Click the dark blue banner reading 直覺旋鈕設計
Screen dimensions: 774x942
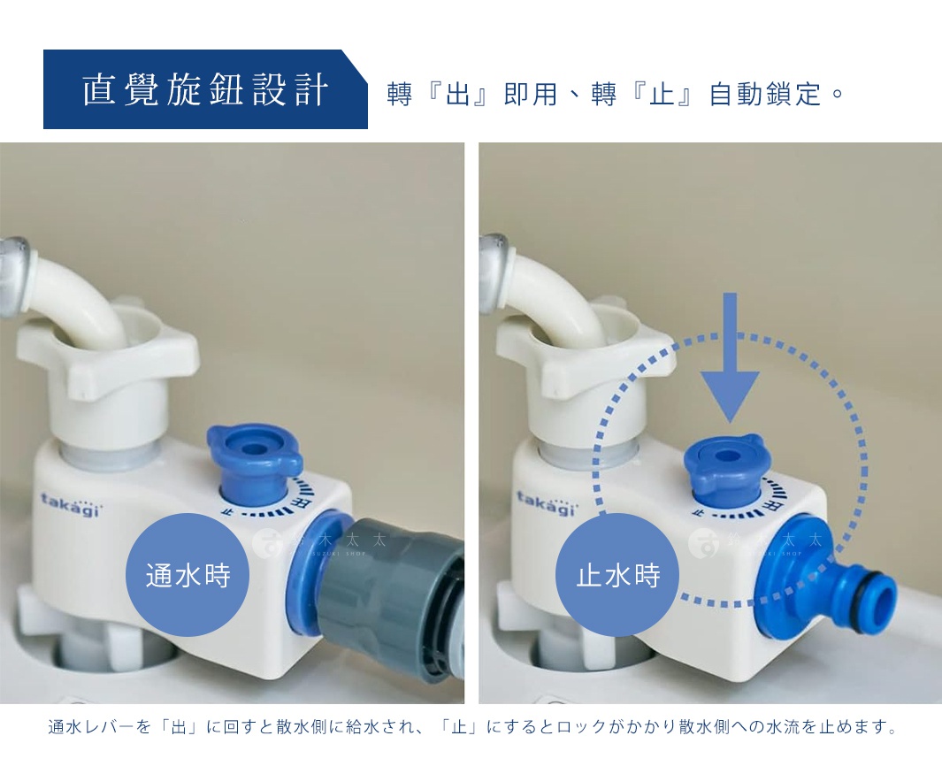[x=205, y=90]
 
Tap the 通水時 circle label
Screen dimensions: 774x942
[x=188, y=576]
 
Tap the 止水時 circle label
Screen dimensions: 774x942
[x=618, y=576]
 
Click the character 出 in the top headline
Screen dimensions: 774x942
[x=457, y=94]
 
